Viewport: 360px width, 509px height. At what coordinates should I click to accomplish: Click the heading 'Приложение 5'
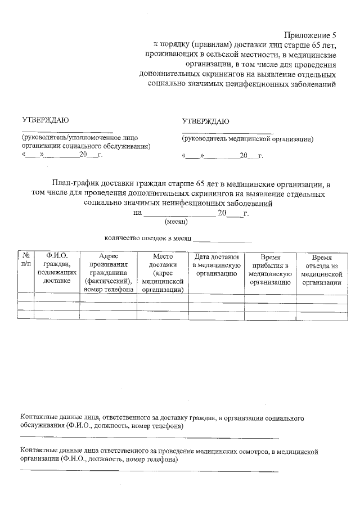click(310, 35)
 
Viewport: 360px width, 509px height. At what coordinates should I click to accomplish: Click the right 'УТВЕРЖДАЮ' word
click(205, 121)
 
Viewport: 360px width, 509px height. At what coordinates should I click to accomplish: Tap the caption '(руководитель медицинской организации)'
click(247, 138)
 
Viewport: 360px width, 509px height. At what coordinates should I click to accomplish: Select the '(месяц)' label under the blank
click(168, 222)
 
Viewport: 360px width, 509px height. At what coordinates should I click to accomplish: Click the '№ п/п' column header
click(26, 260)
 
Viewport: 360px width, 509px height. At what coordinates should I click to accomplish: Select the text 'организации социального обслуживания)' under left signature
click(86, 146)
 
